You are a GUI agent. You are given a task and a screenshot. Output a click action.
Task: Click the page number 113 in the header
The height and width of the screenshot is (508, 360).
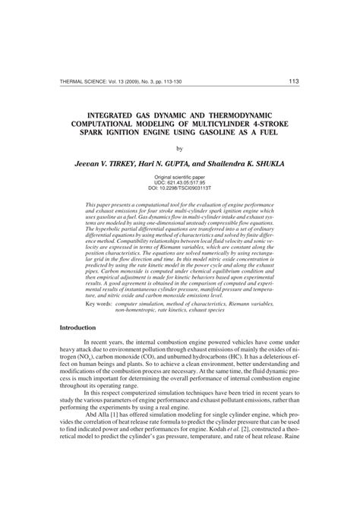tap(293, 81)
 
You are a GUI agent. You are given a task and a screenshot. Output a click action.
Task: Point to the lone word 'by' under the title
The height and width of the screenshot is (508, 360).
tap(180, 150)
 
